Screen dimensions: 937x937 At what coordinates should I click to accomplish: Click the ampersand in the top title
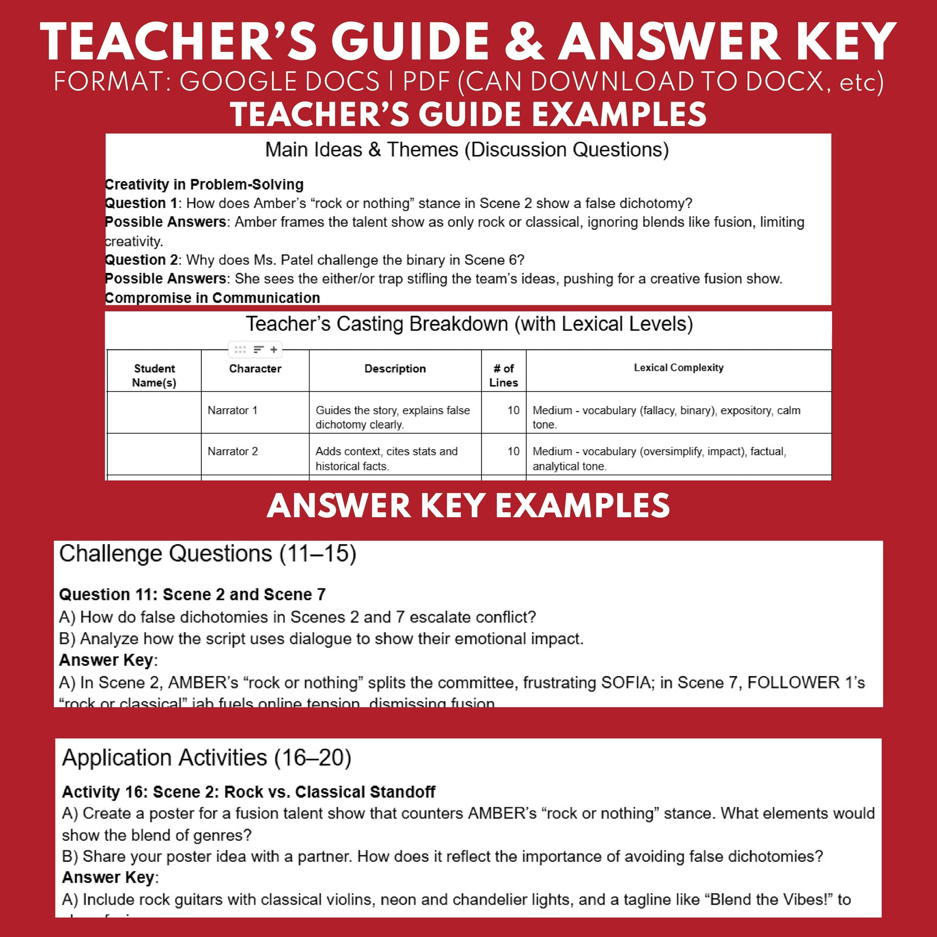tap(525, 42)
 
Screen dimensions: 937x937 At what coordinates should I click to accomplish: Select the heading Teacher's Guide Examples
tap(468, 115)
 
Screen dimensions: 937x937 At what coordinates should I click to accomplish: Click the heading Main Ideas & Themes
tap(467, 150)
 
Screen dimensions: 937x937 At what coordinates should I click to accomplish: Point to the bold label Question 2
tap(141, 260)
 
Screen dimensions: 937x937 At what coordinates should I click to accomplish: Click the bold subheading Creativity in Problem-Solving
tap(204, 184)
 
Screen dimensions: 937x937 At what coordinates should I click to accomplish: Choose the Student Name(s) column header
tap(154, 376)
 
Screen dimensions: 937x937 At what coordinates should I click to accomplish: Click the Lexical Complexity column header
tap(678, 367)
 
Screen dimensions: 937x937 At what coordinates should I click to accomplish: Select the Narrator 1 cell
tap(232, 410)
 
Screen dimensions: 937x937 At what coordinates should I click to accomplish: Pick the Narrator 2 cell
tap(232, 452)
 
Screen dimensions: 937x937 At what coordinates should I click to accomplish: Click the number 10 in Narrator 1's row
tap(513, 410)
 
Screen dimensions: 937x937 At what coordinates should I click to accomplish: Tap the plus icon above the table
tap(274, 349)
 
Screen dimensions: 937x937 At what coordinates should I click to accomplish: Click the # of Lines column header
tap(504, 376)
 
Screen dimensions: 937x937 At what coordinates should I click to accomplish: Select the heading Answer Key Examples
tap(468, 506)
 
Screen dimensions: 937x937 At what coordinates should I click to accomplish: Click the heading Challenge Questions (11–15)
tap(208, 553)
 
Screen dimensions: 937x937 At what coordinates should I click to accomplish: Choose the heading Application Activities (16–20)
tap(207, 757)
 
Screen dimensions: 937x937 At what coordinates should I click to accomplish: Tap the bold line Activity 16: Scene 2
tap(248, 792)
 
